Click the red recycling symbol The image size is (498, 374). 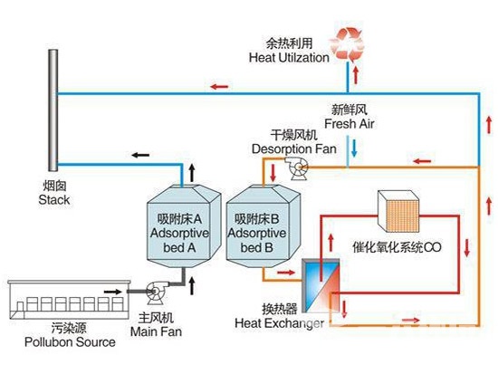(347, 43)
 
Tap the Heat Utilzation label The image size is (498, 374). (289, 58)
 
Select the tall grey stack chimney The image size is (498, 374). (53, 110)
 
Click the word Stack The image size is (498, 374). (54, 200)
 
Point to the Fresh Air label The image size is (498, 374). (349, 123)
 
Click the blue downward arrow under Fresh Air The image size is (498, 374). (354, 149)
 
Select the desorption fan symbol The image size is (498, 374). (297, 168)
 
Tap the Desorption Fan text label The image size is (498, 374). (293, 149)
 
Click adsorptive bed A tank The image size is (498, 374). (184, 226)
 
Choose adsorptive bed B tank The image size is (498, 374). (263, 226)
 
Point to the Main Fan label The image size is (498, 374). (156, 331)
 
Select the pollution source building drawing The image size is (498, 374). (69, 300)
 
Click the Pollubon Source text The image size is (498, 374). (70, 342)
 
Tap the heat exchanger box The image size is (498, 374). (321, 285)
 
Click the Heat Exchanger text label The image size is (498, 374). (279, 323)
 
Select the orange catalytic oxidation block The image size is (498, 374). (398, 211)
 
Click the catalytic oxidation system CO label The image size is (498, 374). (397, 247)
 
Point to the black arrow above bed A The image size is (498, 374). (192, 173)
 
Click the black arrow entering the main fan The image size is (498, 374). (113, 292)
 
